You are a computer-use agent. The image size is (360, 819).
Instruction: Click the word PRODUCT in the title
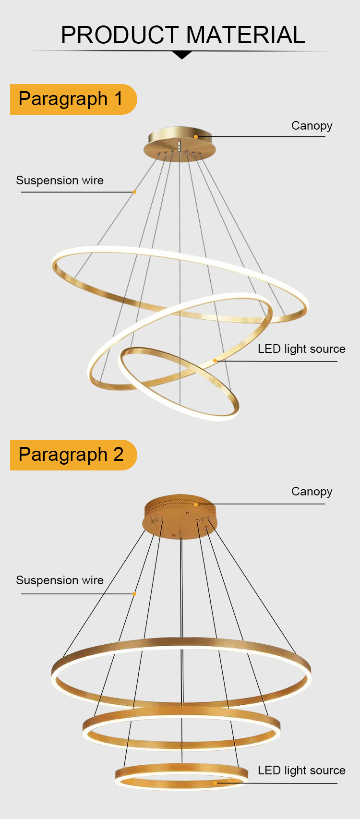tap(120, 35)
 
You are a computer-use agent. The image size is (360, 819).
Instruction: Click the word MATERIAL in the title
tap(246, 35)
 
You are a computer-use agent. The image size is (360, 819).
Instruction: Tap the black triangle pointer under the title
tap(181, 55)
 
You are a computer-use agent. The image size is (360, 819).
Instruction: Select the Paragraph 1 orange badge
tap(73, 99)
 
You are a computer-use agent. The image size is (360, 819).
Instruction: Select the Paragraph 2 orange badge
tap(73, 455)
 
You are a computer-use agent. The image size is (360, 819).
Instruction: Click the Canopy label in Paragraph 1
tap(312, 126)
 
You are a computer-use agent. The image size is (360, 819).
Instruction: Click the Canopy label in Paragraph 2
tap(312, 492)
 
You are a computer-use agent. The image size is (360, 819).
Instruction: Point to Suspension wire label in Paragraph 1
tap(60, 180)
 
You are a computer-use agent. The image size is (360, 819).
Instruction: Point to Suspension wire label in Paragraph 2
tap(60, 580)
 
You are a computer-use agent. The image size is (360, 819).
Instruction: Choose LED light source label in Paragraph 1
tap(301, 349)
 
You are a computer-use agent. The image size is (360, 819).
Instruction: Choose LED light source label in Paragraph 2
tap(301, 770)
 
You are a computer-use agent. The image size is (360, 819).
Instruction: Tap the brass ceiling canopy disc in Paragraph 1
tap(180, 144)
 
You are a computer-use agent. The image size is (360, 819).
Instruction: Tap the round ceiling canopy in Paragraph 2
tap(180, 517)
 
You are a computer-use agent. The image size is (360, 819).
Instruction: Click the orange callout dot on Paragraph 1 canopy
tap(196, 137)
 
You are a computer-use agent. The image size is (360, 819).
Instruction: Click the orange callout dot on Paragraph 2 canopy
tap(196, 504)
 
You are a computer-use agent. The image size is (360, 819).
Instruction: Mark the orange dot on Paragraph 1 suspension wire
tap(134, 192)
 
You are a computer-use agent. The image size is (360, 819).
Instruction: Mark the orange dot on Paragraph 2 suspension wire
tap(134, 594)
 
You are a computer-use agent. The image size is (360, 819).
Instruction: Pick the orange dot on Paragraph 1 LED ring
tap(215, 361)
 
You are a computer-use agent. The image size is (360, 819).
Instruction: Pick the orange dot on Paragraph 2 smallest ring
tap(215, 783)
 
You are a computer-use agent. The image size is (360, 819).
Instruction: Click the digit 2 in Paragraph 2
tap(119, 455)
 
